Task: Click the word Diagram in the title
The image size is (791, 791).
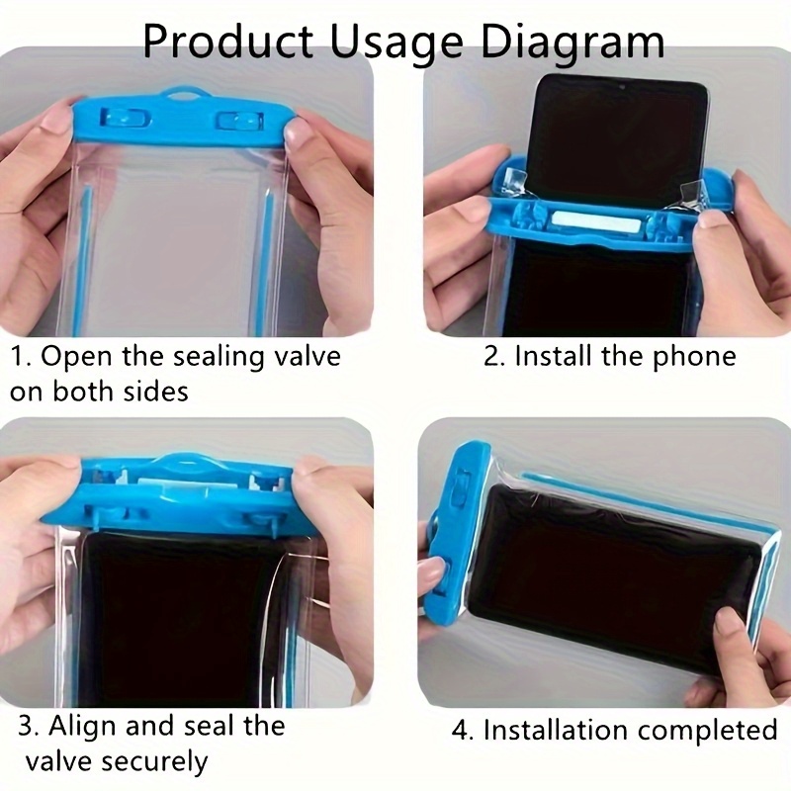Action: click(572, 43)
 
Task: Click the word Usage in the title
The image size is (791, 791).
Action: click(396, 43)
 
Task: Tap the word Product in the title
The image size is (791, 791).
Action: click(227, 41)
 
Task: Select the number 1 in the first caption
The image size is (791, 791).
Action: click(19, 357)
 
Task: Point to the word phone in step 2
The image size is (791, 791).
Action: click(694, 358)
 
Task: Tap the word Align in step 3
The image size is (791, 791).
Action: click(81, 727)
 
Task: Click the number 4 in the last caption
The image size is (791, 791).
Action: click(460, 731)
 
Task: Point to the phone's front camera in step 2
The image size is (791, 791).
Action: click(623, 88)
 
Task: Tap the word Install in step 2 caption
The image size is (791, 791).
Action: click(554, 356)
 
